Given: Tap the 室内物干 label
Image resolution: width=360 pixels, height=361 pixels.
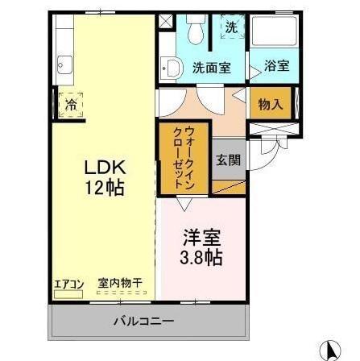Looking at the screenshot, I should click(x=120, y=283).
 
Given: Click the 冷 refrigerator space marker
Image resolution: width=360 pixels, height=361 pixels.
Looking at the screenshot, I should click(x=71, y=105).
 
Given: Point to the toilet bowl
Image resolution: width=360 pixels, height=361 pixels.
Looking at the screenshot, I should click(x=194, y=32).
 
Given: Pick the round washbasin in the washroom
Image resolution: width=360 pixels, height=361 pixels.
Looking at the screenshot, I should click(x=172, y=68).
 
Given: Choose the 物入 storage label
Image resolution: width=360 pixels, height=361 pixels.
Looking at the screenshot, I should click(x=270, y=103).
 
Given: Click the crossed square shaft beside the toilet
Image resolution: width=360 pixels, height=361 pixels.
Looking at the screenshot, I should click(x=165, y=22).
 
